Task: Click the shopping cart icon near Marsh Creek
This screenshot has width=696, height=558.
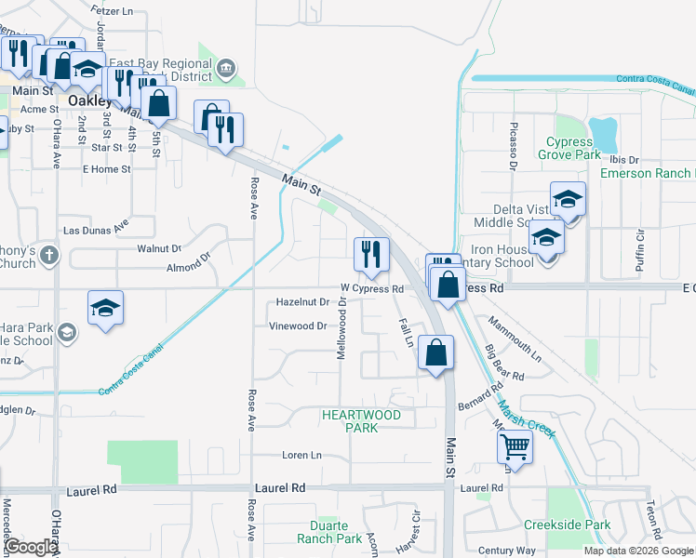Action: click(x=515, y=448)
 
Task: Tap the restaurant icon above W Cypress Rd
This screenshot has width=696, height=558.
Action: click(x=371, y=254)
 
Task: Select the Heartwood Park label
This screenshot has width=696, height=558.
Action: click(x=361, y=420)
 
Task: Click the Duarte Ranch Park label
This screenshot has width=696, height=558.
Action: click(x=329, y=532)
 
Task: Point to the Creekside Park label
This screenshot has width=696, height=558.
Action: click(x=567, y=525)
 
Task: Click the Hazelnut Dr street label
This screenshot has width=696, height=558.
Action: click(x=302, y=302)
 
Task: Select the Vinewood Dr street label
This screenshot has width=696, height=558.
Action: click(x=298, y=326)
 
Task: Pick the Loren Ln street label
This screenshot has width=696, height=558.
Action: click(x=301, y=456)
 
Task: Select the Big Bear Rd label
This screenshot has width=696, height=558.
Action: click(x=504, y=364)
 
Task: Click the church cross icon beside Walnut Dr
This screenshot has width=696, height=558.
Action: click(x=49, y=254)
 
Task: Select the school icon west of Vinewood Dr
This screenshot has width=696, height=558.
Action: click(x=106, y=308)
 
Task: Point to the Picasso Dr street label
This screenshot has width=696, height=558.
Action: click(x=513, y=145)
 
